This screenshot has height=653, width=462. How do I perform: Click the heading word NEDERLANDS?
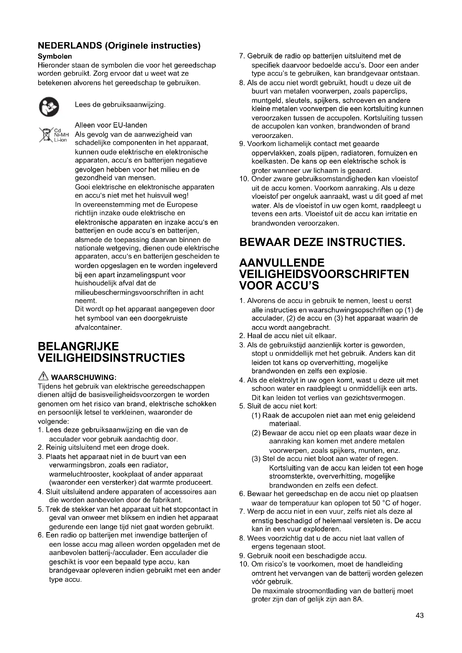[70, 46]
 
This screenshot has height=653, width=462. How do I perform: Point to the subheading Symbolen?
[55, 56]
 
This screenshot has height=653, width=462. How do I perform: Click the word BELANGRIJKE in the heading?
[78, 346]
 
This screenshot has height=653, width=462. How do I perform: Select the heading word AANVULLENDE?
[282, 262]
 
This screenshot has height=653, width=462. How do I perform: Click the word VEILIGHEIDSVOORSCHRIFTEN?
[324, 274]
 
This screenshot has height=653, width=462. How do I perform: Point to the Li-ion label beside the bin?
[60, 140]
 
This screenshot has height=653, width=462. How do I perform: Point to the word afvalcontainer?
[98, 327]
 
